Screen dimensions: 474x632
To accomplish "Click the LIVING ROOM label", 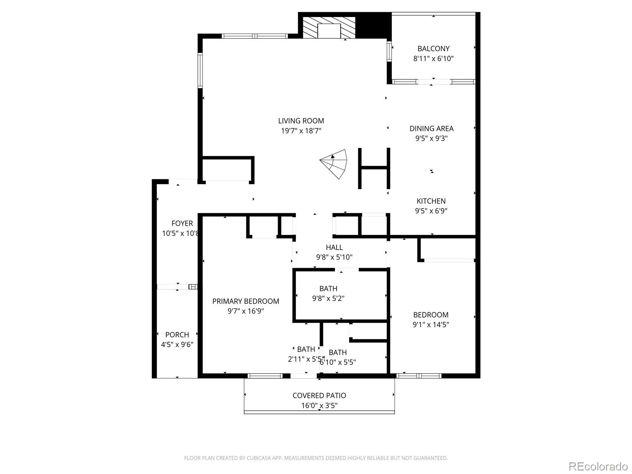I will (x=301, y=121).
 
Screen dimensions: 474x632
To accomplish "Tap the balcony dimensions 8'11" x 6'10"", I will (x=433, y=59).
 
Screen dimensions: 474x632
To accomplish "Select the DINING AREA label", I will (x=431, y=128).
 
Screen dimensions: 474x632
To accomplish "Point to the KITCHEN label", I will (x=431, y=201).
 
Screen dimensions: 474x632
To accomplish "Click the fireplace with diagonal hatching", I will (x=329, y=28).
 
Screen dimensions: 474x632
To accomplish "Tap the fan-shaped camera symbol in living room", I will (x=335, y=164).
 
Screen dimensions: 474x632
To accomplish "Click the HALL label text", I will (x=334, y=248).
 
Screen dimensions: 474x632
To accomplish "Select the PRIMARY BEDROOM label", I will (x=246, y=301).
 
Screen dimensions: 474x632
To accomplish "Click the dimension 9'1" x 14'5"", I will (x=431, y=325).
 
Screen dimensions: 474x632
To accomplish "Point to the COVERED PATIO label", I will (x=319, y=395).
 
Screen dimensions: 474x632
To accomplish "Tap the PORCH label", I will (x=177, y=335).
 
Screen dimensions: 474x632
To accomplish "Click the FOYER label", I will (x=182, y=224).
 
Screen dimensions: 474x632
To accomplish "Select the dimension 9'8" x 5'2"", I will (x=328, y=299).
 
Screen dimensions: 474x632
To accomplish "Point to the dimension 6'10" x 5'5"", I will (x=338, y=362).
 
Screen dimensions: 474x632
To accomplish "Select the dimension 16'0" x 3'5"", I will (x=319, y=406).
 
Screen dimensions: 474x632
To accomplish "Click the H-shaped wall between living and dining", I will (x=374, y=168).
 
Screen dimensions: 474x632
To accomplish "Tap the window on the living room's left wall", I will (x=200, y=70).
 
